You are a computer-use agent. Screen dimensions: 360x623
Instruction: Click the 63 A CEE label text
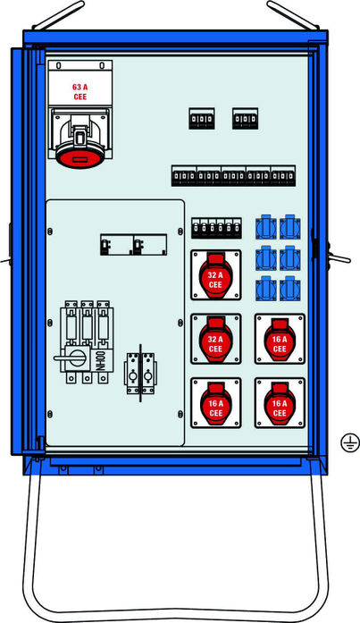pyautogui.click(x=80, y=92)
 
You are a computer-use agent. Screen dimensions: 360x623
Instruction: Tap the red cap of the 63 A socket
pyautogui.click(x=80, y=158)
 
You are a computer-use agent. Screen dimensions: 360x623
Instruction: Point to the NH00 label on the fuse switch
pyautogui.click(x=101, y=361)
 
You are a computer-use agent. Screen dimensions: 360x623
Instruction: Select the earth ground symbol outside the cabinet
pyautogui.click(x=350, y=442)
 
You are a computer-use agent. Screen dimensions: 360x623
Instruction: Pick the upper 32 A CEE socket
pyautogui.click(x=216, y=275)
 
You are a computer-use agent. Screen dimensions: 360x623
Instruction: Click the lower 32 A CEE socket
pyautogui.click(x=216, y=339)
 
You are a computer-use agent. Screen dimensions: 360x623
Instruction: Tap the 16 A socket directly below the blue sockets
pyautogui.click(x=280, y=339)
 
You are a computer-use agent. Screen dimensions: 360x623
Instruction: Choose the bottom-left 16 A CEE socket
pyautogui.click(x=216, y=403)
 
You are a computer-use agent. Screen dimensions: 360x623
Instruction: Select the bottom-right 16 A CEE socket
pyautogui.click(x=280, y=403)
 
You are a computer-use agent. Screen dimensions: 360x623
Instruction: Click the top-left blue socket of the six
pyautogui.click(x=266, y=227)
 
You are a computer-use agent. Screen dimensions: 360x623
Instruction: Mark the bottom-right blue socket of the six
pyautogui.click(x=290, y=289)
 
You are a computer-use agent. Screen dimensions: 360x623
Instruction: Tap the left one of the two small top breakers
pyautogui.click(x=202, y=118)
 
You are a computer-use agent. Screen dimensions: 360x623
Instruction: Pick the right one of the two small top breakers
pyautogui.click(x=246, y=118)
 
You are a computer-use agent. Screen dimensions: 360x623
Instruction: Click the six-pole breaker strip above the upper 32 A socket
pyautogui.click(x=217, y=228)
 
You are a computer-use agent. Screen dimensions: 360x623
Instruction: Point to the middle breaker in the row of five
pyautogui.click(x=234, y=175)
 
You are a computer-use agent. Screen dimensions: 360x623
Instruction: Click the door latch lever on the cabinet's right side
pyautogui.click(x=339, y=258)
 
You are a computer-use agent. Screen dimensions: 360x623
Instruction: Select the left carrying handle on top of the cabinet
pyautogui.click(x=58, y=15)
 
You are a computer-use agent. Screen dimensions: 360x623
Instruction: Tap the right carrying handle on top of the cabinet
pyautogui.click(x=293, y=15)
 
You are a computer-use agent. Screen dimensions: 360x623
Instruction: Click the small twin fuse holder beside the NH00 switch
pyautogui.click(x=140, y=373)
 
